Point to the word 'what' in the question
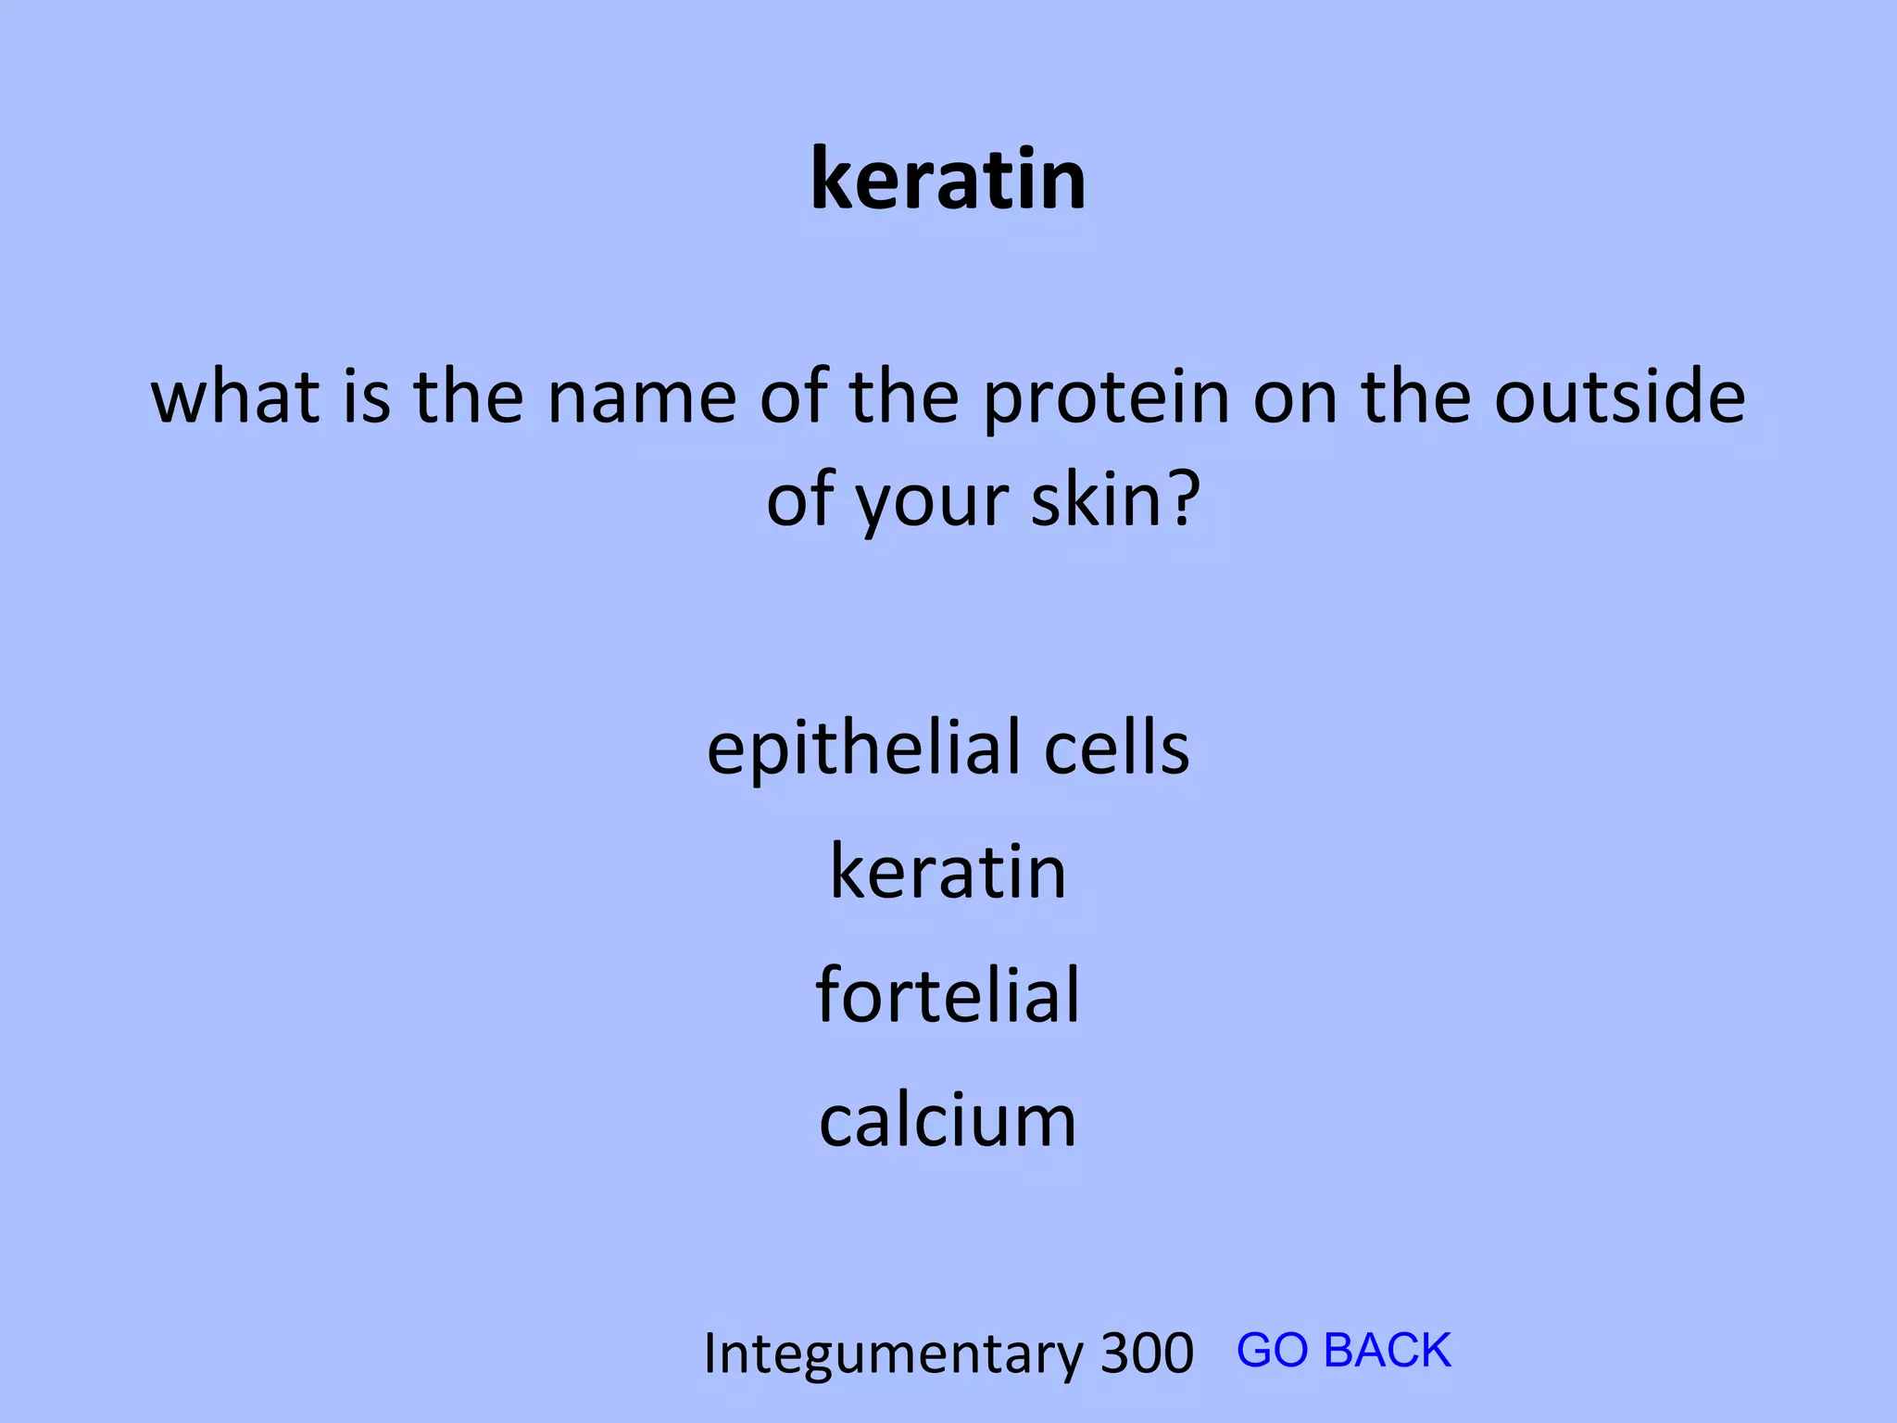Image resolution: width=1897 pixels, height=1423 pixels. [x=235, y=397]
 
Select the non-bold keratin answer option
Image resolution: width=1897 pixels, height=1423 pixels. [x=948, y=872]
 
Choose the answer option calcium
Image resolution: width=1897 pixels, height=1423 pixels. [x=948, y=1120]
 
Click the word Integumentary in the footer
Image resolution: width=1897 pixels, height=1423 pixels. [x=893, y=1354]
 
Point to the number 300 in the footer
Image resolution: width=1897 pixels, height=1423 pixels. [x=1147, y=1354]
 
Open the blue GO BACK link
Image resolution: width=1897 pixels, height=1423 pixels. [x=1343, y=1350]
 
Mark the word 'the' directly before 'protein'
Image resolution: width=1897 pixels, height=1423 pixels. [x=905, y=397]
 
